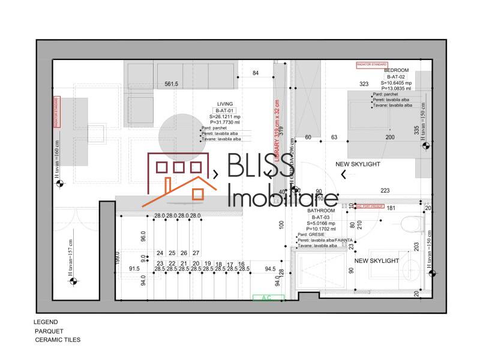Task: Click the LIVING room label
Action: coord(225,104)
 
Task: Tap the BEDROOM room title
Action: coord(396,70)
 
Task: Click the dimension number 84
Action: coord(256,73)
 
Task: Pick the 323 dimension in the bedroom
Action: coord(364,84)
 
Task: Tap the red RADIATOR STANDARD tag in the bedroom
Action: coord(372,63)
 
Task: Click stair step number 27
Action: coord(196,253)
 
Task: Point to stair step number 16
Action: coord(241,264)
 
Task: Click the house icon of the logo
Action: coord(178,179)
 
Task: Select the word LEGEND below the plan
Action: coord(46,322)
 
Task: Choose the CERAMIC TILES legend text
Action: coord(58,340)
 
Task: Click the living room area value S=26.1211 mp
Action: coord(225,116)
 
